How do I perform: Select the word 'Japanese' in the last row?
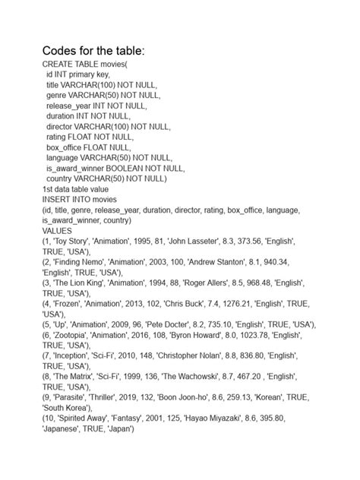pyautogui.click(x=66, y=429)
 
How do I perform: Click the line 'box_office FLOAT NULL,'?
pyautogui.click(x=90, y=147)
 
